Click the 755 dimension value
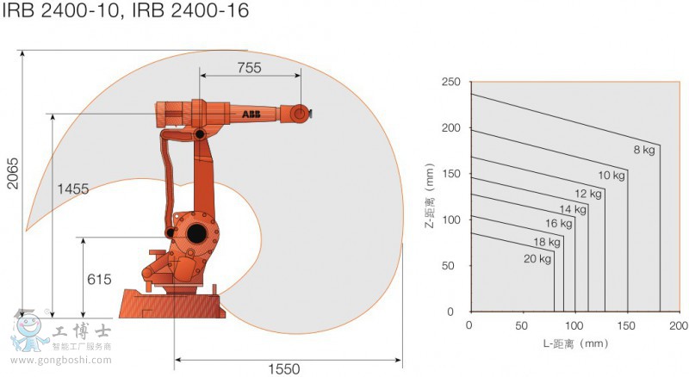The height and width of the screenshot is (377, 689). pos(250,68)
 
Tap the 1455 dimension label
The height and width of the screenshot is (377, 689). pos(72,189)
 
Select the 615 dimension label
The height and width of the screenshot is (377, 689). pos(100,280)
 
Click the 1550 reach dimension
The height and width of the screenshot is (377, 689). pos(282,369)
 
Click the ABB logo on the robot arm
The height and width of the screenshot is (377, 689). pos(251,114)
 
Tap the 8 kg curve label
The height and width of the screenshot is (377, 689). pos(645,150)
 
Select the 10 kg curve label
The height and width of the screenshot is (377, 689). pos(611,176)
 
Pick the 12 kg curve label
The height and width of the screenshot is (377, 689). pos(588,194)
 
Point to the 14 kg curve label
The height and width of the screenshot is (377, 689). pos(573,209)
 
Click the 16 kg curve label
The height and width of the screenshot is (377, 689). pos(559,224)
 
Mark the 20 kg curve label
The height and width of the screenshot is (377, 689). pos(536,258)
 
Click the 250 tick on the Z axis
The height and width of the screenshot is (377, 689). pos(451,82)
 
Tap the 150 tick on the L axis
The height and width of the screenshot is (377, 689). pos(627,325)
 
